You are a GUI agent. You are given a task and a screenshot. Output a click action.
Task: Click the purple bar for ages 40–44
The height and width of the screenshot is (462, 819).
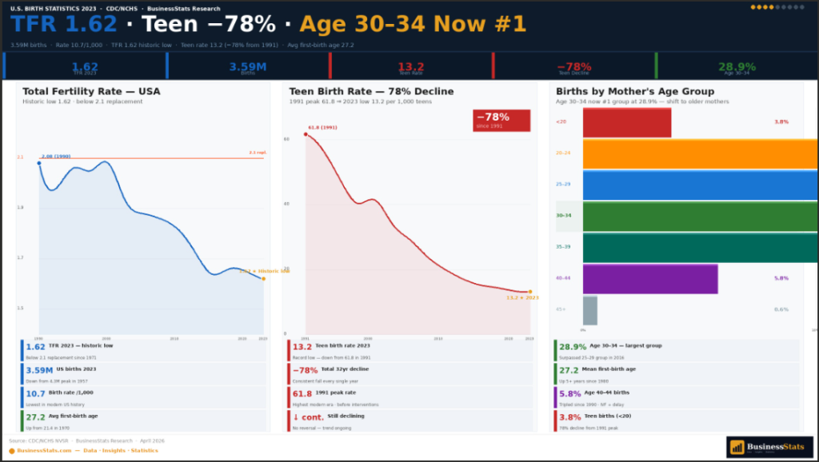pyautogui.click(x=649, y=279)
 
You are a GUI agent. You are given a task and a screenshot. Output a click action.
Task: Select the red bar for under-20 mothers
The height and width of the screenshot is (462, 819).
pyautogui.click(x=626, y=122)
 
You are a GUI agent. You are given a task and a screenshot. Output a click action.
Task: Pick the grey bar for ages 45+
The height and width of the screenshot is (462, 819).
pyautogui.click(x=589, y=310)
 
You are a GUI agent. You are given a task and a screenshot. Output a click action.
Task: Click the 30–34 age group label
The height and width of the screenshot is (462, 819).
pyautogui.click(x=564, y=216)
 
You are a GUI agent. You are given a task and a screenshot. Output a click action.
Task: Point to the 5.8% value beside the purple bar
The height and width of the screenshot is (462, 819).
pyautogui.click(x=781, y=278)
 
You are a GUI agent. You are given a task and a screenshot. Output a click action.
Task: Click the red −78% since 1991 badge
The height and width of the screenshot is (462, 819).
pyautogui.click(x=501, y=120)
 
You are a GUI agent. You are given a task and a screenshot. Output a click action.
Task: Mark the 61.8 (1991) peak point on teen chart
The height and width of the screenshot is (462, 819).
pyautogui.click(x=306, y=134)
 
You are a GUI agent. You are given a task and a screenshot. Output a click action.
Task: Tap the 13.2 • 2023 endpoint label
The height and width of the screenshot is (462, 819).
pyautogui.click(x=521, y=297)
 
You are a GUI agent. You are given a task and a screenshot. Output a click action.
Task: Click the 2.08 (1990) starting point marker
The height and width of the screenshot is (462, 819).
pyautogui.click(x=39, y=163)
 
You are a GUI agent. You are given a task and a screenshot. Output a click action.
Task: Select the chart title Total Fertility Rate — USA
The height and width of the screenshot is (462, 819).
pyautogui.click(x=91, y=91)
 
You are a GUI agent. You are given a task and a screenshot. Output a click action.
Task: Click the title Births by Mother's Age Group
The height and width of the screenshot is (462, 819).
pyautogui.click(x=635, y=91)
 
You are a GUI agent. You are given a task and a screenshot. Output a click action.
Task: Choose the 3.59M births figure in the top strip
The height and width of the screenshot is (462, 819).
pyautogui.click(x=248, y=67)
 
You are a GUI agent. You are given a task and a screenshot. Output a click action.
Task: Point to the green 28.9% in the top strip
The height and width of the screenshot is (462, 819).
pyautogui.click(x=737, y=67)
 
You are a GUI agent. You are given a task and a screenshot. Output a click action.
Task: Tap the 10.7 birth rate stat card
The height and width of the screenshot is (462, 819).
pyautogui.click(x=144, y=397)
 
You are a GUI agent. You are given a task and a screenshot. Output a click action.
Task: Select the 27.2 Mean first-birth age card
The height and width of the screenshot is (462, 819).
pyautogui.click(x=676, y=374)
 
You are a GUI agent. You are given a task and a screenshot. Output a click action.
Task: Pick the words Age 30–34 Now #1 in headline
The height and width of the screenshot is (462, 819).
pyautogui.click(x=413, y=24)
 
